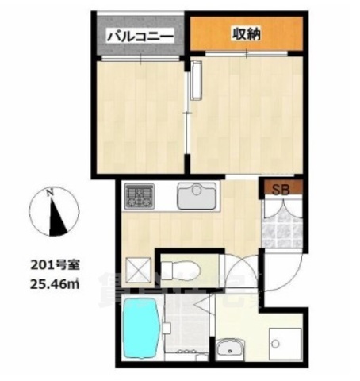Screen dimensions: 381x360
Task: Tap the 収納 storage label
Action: click(x=247, y=33)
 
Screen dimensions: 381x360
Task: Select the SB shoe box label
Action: click(x=281, y=189)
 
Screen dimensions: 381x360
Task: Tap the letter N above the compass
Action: click(x=49, y=190)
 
